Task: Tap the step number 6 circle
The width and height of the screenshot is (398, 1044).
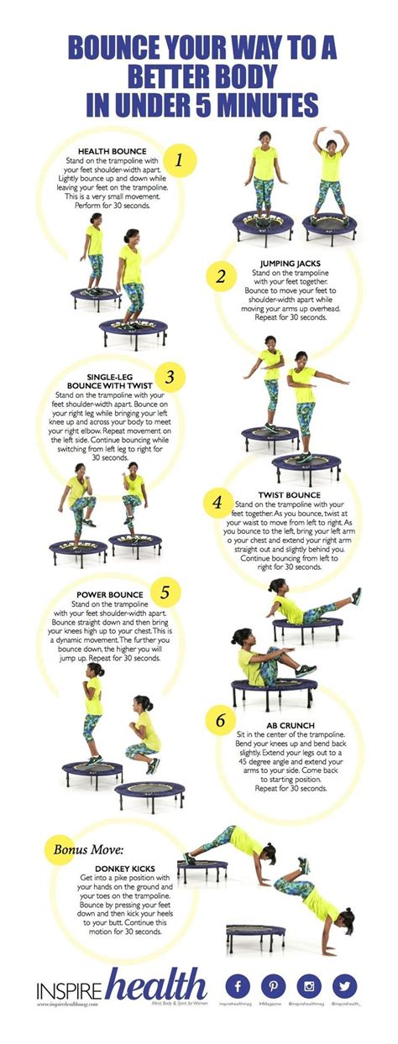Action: tap(220, 721)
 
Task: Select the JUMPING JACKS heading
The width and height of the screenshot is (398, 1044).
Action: tap(291, 263)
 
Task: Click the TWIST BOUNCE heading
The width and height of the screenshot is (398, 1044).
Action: tap(291, 495)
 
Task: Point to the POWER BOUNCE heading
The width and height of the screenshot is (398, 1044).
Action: tap(106, 595)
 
